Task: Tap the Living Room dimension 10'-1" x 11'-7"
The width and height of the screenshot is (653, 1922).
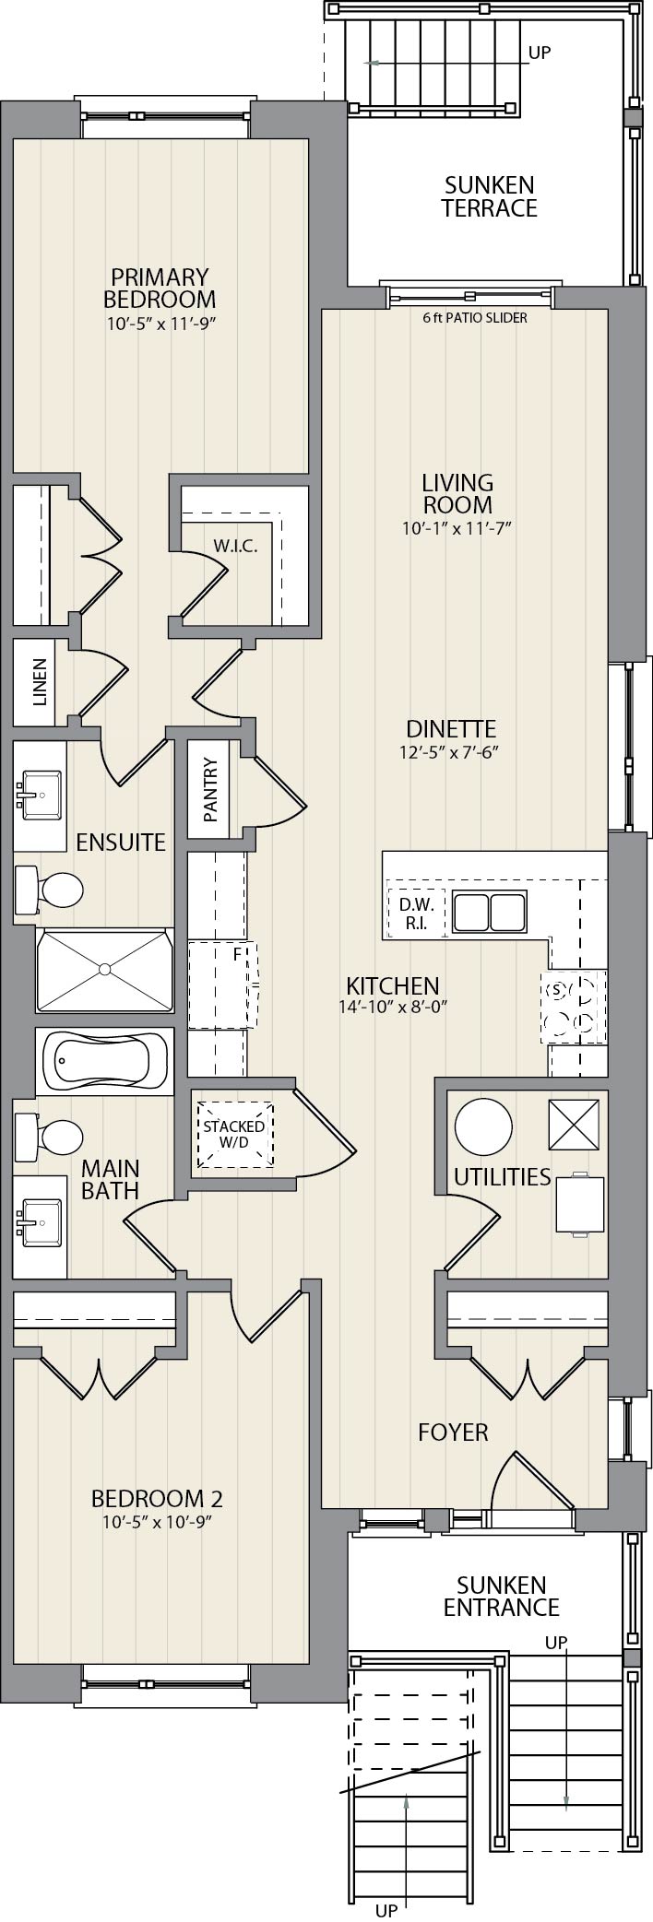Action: click(x=457, y=528)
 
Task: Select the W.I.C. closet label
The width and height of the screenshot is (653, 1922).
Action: click(x=235, y=546)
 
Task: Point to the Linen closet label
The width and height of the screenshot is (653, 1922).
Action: click(x=39, y=682)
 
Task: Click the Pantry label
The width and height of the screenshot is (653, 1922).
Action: click(x=210, y=790)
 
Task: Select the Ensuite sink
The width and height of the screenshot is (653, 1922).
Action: click(x=38, y=792)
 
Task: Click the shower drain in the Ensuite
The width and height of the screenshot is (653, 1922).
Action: click(x=104, y=969)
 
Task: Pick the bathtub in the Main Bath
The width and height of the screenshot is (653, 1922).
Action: click(x=103, y=1062)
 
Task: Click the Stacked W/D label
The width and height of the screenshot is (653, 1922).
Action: click(x=234, y=1134)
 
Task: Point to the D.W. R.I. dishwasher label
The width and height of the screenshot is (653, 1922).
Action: click(x=416, y=914)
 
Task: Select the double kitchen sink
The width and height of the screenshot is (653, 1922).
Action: click(x=489, y=913)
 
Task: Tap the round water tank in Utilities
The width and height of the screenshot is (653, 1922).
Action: click(x=483, y=1126)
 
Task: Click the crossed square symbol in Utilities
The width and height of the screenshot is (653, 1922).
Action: click(x=574, y=1125)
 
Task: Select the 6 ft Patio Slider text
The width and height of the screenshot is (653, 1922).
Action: click(x=475, y=318)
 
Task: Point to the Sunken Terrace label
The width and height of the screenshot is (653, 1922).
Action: click(x=489, y=196)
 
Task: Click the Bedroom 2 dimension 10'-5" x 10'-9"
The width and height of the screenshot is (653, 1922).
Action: click(x=157, y=1522)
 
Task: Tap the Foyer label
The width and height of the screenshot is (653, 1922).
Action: click(x=453, y=1432)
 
